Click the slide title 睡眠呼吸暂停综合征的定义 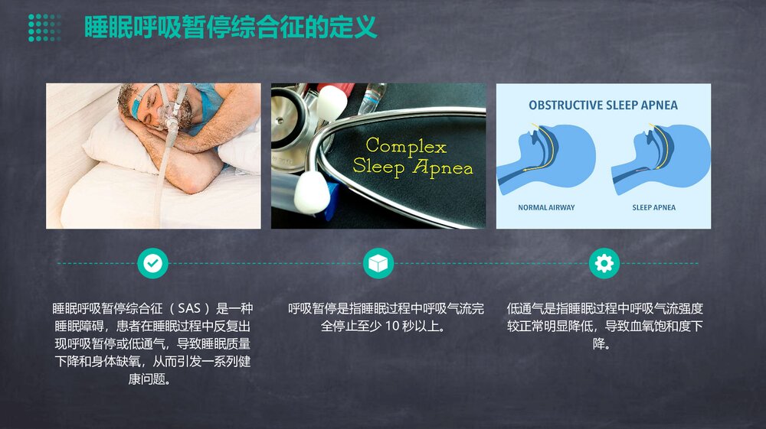(x=230, y=29)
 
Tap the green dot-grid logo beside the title (x=44, y=28)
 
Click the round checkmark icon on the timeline (x=152, y=263)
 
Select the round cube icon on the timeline (x=378, y=263)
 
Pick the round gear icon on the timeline (x=604, y=263)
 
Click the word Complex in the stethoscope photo (x=405, y=145)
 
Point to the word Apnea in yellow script (x=444, y=168)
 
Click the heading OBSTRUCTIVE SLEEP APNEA (x=603, y=106)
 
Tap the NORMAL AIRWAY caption (x=546, y=207)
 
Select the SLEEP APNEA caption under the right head (x=653, y=207)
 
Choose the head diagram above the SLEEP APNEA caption (x=659, y=157)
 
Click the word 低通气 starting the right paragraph (x=525, y=310)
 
